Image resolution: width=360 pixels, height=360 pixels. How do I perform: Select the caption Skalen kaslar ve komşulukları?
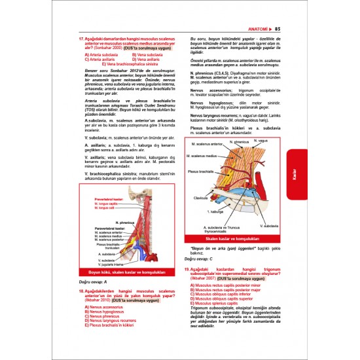click(234, 240)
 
